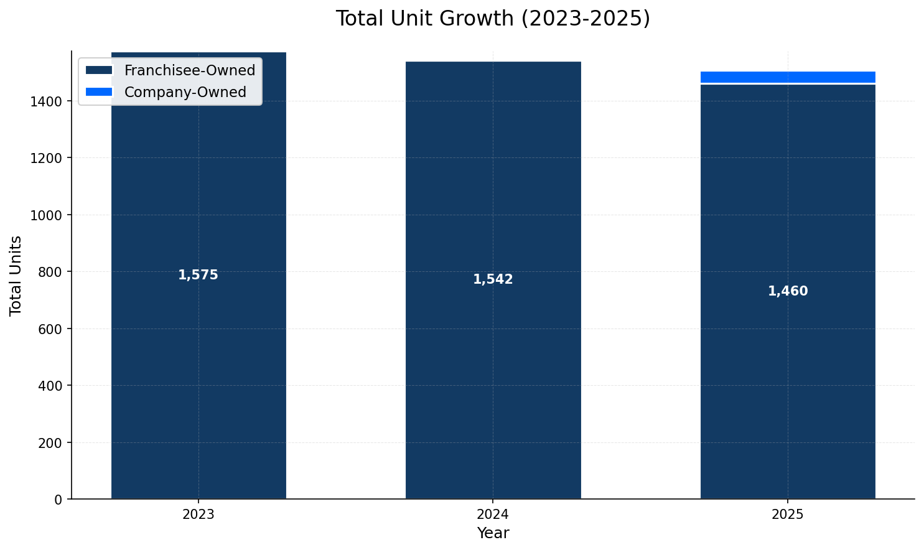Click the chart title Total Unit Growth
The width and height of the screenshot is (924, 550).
(492, 19)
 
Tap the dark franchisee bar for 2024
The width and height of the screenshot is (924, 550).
(493, 373)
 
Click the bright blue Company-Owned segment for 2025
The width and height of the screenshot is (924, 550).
(787, 77)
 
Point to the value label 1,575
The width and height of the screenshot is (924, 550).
(198, 275)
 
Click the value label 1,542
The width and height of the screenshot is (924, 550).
(493, 280)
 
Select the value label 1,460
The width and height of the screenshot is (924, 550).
(787, 291)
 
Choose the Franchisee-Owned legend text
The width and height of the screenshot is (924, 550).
(190, 71)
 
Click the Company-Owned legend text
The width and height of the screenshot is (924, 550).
(185, 92)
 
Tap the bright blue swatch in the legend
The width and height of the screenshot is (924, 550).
(99, 92)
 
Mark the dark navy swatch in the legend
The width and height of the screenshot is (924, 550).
(99, 71)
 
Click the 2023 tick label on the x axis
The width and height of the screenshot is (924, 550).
(198, 515)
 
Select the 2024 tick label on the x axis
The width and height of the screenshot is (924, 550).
(493, 515)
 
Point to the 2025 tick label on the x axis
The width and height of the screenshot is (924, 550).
(787, 515)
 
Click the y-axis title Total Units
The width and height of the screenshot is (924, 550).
(16, 275)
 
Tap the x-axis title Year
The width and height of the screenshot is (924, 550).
(493, 533)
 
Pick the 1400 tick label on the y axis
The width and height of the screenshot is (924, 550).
(46, 101)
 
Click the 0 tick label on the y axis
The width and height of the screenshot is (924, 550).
(58, 499)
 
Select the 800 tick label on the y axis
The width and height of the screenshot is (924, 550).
(50, 272)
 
